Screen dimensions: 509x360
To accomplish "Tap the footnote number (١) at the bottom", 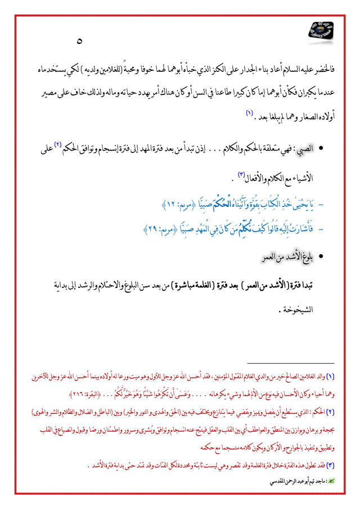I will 330,375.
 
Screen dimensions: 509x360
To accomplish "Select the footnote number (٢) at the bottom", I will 330,411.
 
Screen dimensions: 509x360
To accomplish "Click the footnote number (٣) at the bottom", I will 330,465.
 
